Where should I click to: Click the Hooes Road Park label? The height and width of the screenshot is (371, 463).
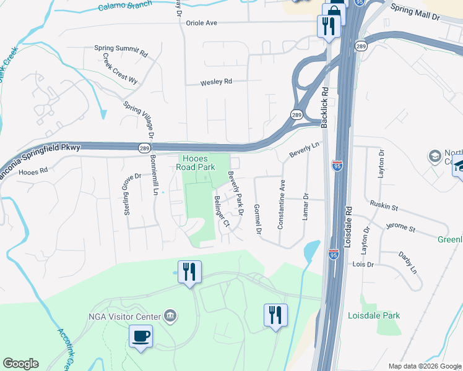(x=197, y=162)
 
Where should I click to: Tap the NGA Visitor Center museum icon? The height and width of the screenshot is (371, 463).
(x=171, y=317)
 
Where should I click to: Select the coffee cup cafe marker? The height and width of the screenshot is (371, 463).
(x=141, y=336)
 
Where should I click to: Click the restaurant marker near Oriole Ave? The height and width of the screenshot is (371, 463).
(x=327, y=25)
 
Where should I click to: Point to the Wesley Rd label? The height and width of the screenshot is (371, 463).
(x=216, y=82)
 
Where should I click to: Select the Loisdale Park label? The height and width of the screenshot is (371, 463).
(x=373, y=315)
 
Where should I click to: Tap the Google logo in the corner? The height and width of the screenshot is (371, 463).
(x=20, y=364)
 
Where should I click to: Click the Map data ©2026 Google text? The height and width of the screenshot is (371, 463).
(x=424, y=366)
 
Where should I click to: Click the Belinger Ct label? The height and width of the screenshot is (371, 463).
(x=221, y=211)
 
